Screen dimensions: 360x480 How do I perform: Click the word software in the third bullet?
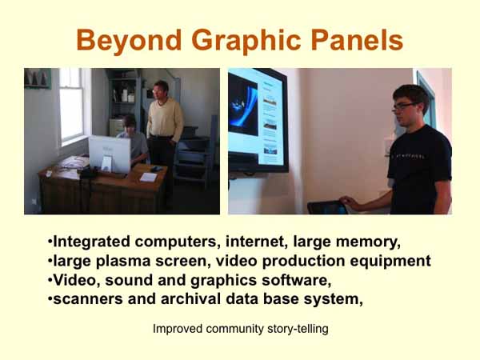point(294,281)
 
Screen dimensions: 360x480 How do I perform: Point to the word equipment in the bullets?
point(388,261)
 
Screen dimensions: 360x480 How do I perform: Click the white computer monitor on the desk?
point(109,153)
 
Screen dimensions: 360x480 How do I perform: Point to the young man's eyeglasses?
point(404,106)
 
